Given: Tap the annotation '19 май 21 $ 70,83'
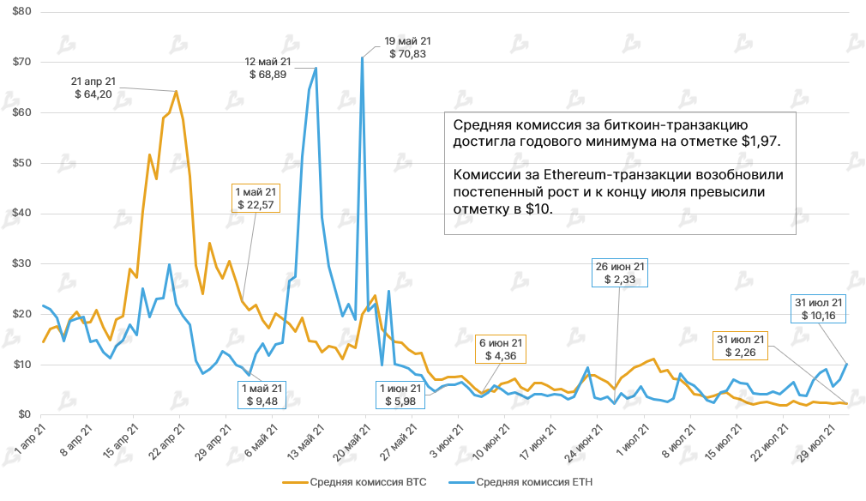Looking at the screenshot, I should point(407,46).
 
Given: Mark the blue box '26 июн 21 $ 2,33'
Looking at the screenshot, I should point(618,273).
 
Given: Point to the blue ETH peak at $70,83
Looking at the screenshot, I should point(363,57).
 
